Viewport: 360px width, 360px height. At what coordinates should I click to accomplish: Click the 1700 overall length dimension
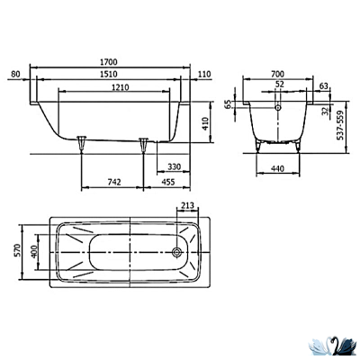pyautogui.click(x=109, y=62)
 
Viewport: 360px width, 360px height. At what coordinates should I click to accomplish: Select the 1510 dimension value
pyautogui.click(x=109, y=74)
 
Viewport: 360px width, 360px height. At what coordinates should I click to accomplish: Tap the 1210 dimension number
pyautogui.click(x=121, y=87)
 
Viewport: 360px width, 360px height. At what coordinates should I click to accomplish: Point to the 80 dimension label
pyautogui.click(x=15, y=74)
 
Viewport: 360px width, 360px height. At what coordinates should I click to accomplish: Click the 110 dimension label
pyautogui.click(x=204, y=74)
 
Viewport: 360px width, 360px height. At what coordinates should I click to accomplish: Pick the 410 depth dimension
pyautogui.click(x=205, y=123)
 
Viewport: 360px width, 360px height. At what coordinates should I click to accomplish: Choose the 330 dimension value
pyautogui.click(x=174, y=166)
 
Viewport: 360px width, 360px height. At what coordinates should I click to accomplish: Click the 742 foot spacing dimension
pyautogui.click(x=114, y=182)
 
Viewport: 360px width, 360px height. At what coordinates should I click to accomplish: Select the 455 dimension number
pyautogui.click(x=168, y=182)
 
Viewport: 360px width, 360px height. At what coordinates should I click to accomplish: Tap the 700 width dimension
pyautogui.click(x=277, y=74)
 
